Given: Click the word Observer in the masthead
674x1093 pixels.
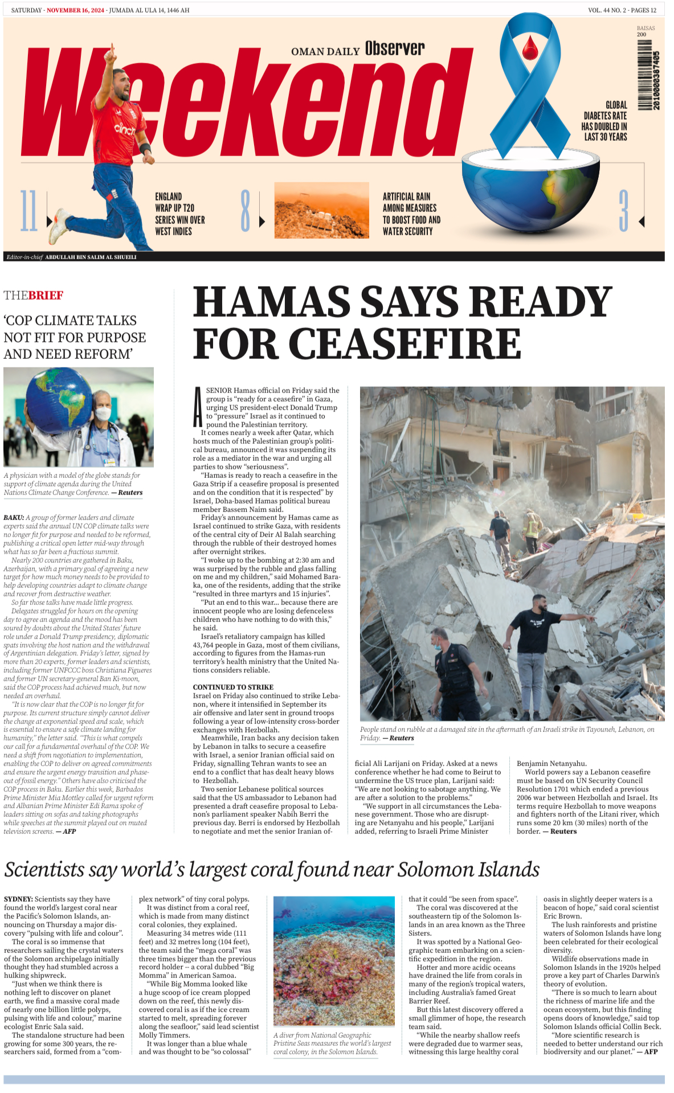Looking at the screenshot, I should pyautogui.click(x=395, y=48).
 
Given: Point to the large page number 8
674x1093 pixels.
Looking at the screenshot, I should pyautogui.click(x=246, y=211).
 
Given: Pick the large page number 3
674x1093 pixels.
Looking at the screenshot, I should pyautogui.click(x=623, y=211).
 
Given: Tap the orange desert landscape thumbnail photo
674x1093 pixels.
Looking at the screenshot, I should pyautogui.click(x=321, y=210).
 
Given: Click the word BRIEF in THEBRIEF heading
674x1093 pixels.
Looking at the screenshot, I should pyautogui.click(x=46, y=295).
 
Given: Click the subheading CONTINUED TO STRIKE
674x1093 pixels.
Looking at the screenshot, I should pyautogui.click(x=233, y=687).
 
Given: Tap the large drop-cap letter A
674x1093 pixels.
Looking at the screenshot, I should pyautogui.click(x=198, y=407).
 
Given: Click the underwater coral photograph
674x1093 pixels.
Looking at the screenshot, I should pyautogui.click(x=334, y=961).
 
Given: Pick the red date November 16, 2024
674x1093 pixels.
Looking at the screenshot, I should pyautogui.click(x=75, y=10).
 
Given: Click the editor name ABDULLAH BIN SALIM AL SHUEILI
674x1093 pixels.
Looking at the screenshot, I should pyautogui.click(x=91, y=257).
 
